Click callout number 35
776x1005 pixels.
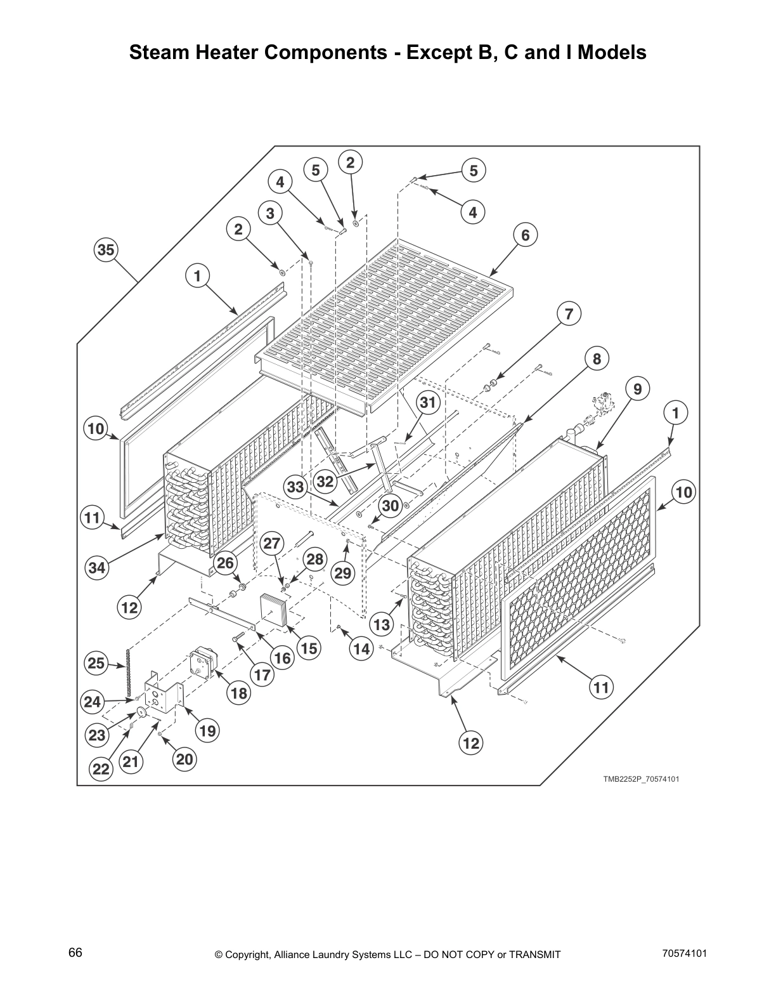pyautogui.click(x=105, y=250)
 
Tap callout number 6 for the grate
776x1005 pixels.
pyautogui.click(x=525, y=235)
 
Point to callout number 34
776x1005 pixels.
pyautogui.click(x=96, y=568)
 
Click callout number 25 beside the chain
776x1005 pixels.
pyautogui.click(x=96, y=664)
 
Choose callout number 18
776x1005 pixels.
pyautogui.click(x=239, y=693)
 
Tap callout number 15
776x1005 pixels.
pyautogui.click(x=308, y=648)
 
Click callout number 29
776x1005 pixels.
pyautogui.click(x=342, y=574)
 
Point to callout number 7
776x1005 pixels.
pyautogui.click(x=569, y=314)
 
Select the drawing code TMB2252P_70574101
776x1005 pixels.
pyautogui.click(x=641, y=779)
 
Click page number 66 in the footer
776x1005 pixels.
pyautogui.click(x=75, y=953)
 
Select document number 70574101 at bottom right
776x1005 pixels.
pyautogui.click(x=684, y=953)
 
